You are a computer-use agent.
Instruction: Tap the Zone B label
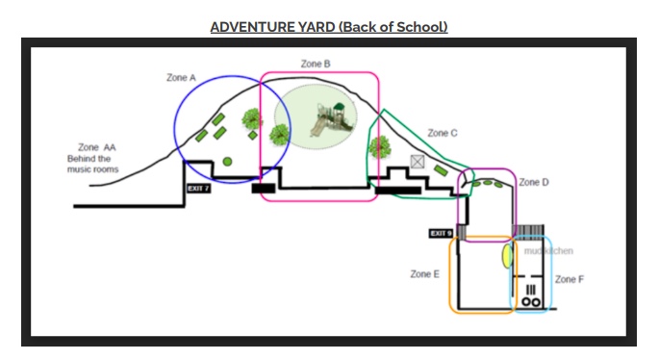(x=316, y=64)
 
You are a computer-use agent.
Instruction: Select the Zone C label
(x=443, y=133)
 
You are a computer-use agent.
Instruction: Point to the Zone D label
(x=534, y=182)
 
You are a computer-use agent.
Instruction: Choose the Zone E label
(x=424, y=274)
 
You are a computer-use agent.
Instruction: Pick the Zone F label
(x=569, y=279)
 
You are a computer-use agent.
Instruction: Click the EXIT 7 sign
(x=198, y=189)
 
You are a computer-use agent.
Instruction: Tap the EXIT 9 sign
(x=441, y=233)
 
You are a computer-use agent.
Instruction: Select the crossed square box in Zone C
(x=418, y=162)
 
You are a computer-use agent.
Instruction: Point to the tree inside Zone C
(x=380, y=146)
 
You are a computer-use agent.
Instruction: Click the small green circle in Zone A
(x=227, y=161)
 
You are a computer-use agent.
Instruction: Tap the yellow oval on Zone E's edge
(x=506, y=256)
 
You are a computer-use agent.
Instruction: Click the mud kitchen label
(x=548, y=251)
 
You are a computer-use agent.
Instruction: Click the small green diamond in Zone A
(x=253, y=135)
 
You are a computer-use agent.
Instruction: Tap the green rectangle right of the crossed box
(x=440, y=170)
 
